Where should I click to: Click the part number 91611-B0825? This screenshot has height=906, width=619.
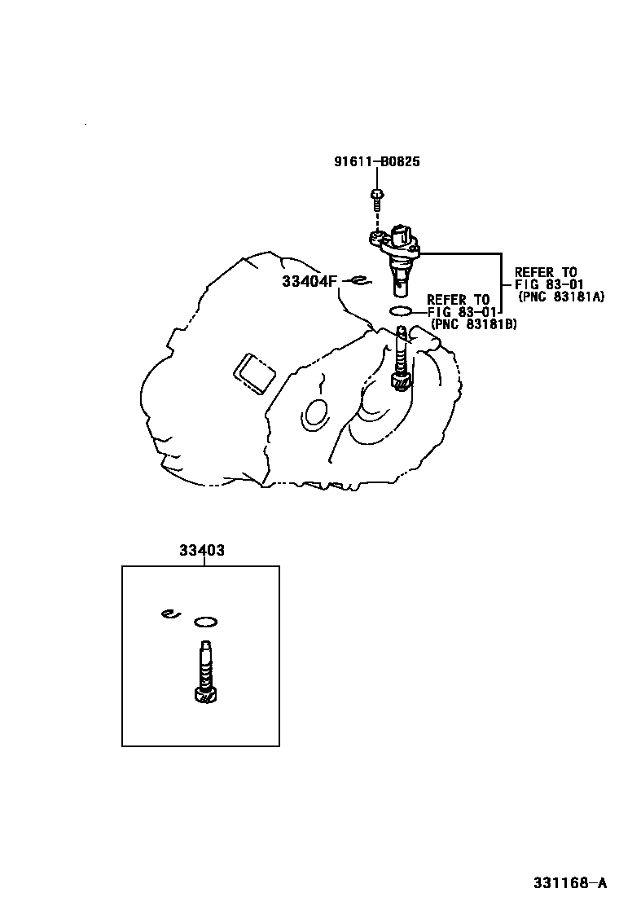pos(376,161)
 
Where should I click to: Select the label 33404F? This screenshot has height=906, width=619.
pos(309,281)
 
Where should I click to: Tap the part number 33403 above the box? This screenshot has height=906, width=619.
pos(202,550)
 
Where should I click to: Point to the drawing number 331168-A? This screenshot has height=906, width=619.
pos(570,882)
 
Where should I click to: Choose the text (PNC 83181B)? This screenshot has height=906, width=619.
pos(473,324)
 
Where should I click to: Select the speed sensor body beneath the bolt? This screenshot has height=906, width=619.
pos(397,253)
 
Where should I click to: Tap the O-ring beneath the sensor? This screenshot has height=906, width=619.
pos(401,311)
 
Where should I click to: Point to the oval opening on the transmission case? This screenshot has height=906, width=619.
pos(314,413)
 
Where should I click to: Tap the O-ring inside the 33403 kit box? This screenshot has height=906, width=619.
pos(206,623)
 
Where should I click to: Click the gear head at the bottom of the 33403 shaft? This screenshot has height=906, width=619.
pos(204,694)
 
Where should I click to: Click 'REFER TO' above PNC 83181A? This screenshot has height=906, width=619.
pos(545,272)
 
